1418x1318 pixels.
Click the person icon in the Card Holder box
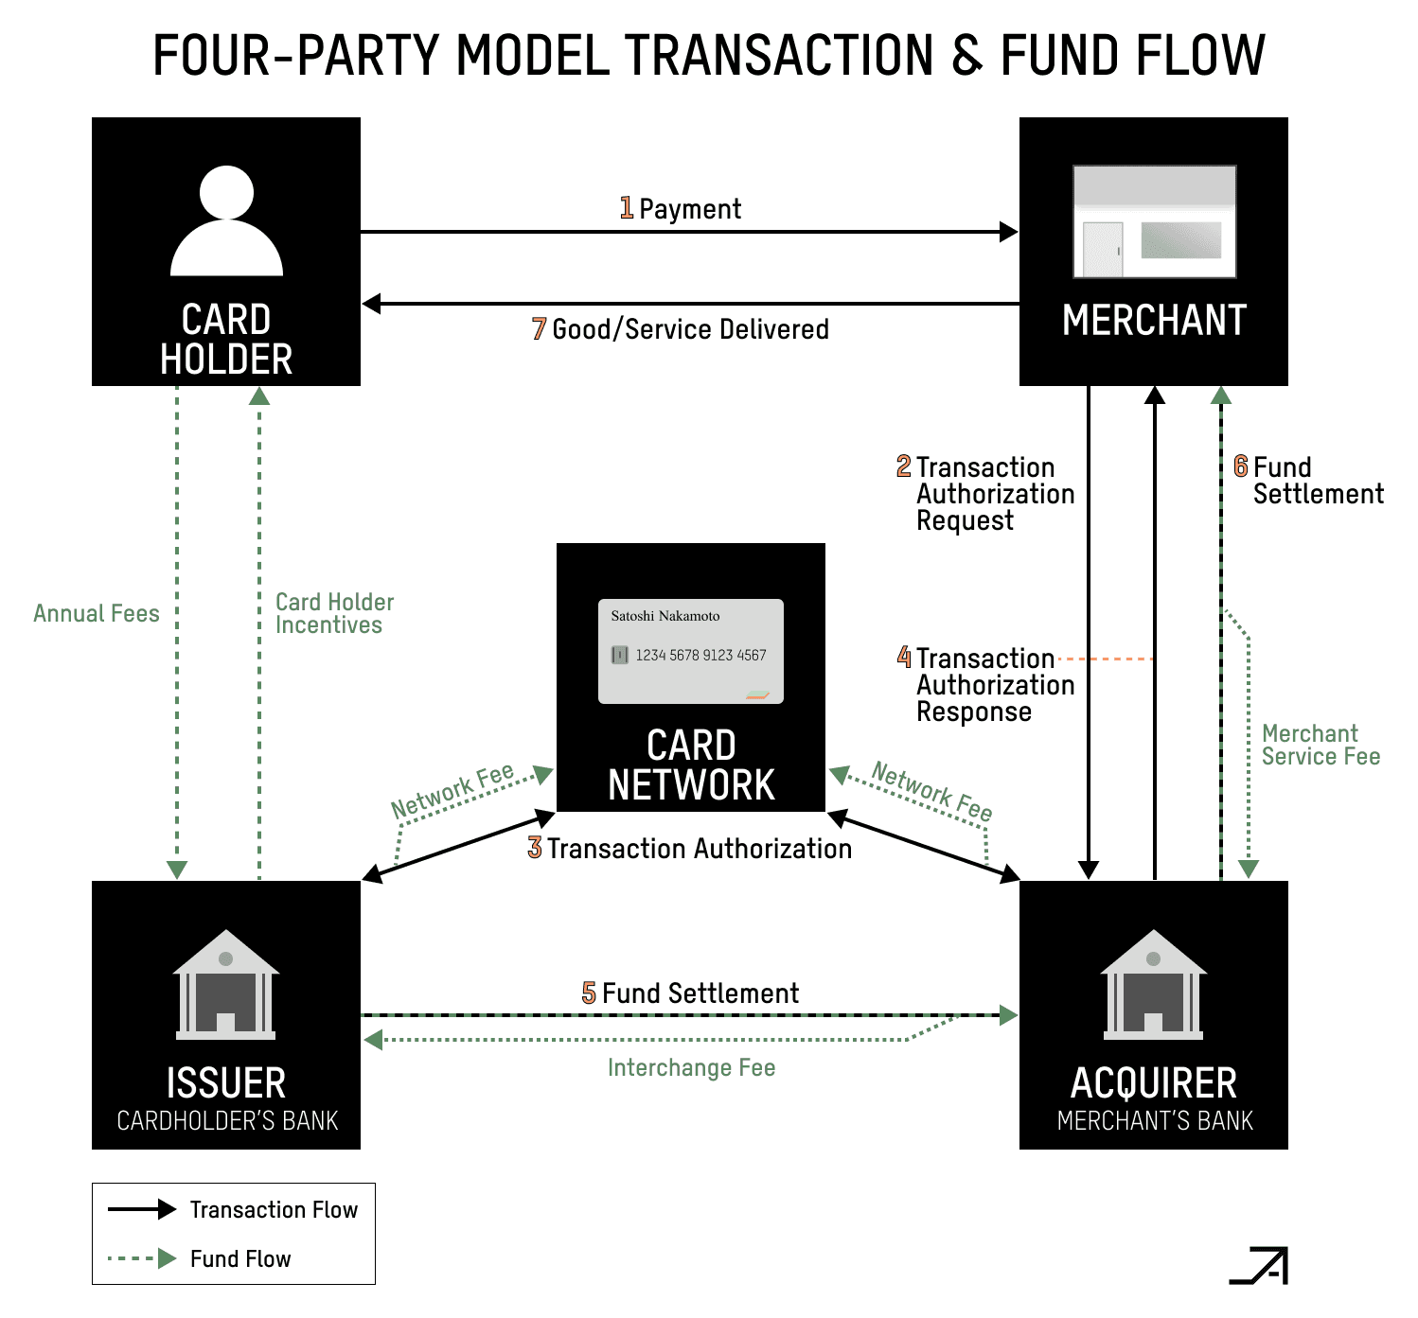226,221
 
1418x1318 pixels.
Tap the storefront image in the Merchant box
1154,221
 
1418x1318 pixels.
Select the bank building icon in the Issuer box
226,984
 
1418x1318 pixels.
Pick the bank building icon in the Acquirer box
1153,984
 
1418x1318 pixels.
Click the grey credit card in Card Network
691,651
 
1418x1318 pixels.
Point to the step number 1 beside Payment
627,207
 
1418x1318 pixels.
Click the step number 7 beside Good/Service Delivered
539,328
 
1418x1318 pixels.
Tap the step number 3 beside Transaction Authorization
535,848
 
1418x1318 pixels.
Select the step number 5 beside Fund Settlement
589,993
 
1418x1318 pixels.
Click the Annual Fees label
97,613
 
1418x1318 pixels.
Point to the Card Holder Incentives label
333,613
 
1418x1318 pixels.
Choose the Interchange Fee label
691,1067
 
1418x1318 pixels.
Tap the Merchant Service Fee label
1320,745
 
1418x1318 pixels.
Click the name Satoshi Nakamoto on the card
665,616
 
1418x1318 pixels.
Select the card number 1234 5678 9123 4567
700,655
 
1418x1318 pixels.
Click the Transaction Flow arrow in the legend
142,1209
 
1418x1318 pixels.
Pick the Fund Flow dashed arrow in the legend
142,1258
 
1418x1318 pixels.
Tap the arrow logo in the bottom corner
1260,1266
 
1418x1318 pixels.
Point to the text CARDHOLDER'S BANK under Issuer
227,1121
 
